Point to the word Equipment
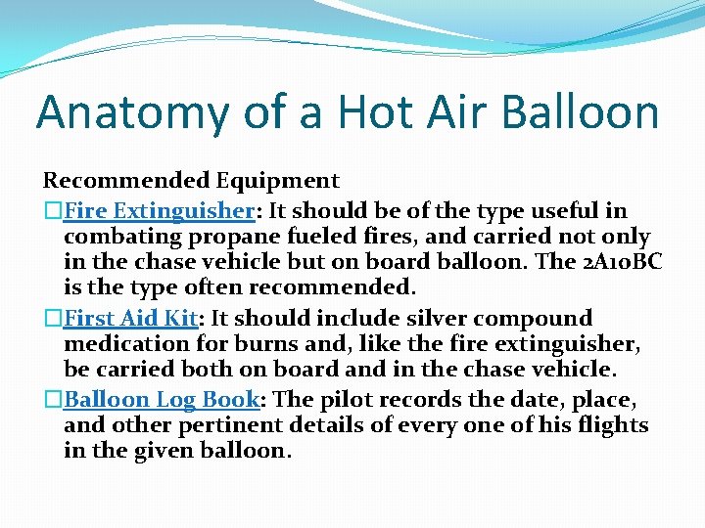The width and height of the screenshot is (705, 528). point(277,181)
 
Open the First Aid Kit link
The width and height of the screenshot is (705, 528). point(131,318)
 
